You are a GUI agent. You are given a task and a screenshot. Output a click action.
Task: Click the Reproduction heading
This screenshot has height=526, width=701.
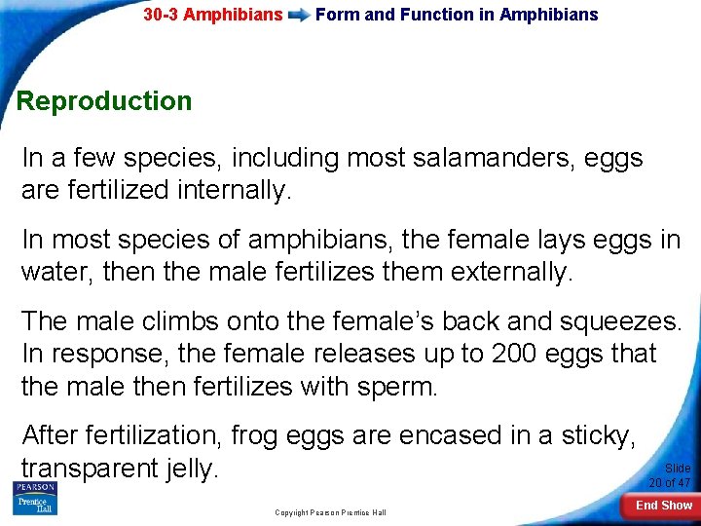(104, 101)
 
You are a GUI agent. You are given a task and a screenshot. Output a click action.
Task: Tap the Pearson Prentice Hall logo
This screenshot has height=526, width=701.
(35, 497)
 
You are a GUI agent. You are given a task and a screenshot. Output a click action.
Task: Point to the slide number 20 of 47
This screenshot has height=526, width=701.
(670, 475)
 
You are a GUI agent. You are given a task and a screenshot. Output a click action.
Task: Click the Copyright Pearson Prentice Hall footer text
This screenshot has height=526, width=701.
(330, 512)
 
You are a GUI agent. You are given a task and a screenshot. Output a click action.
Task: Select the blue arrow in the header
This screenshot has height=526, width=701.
(299, 16)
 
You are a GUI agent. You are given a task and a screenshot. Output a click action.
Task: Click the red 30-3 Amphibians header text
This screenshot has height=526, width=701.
(212, 15)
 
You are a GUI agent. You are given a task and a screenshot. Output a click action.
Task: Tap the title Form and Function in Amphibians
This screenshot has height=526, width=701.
(457, 15)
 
